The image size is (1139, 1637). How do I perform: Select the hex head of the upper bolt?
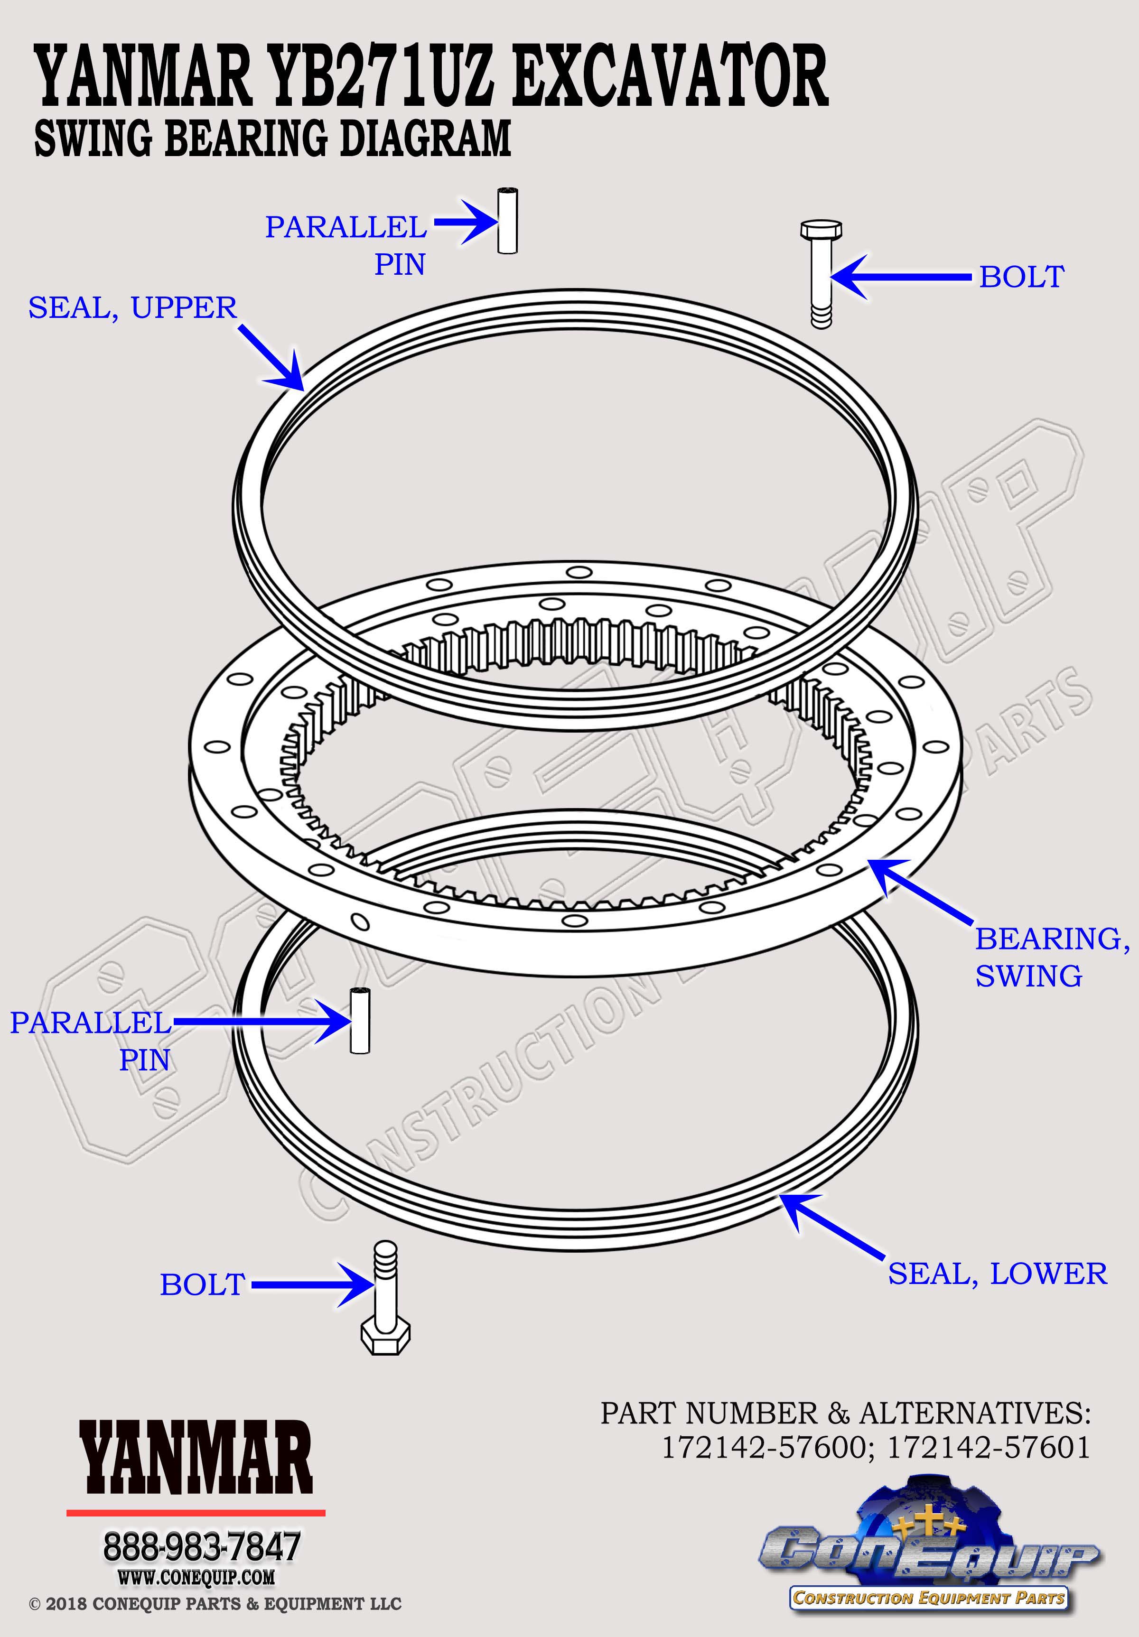821,230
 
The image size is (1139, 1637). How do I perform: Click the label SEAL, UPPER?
133,308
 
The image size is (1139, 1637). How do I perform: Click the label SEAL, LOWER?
998,1274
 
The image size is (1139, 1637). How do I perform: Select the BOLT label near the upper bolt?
1021,277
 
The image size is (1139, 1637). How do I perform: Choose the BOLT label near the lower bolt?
203,1285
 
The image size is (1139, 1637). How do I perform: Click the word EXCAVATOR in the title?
669,75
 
